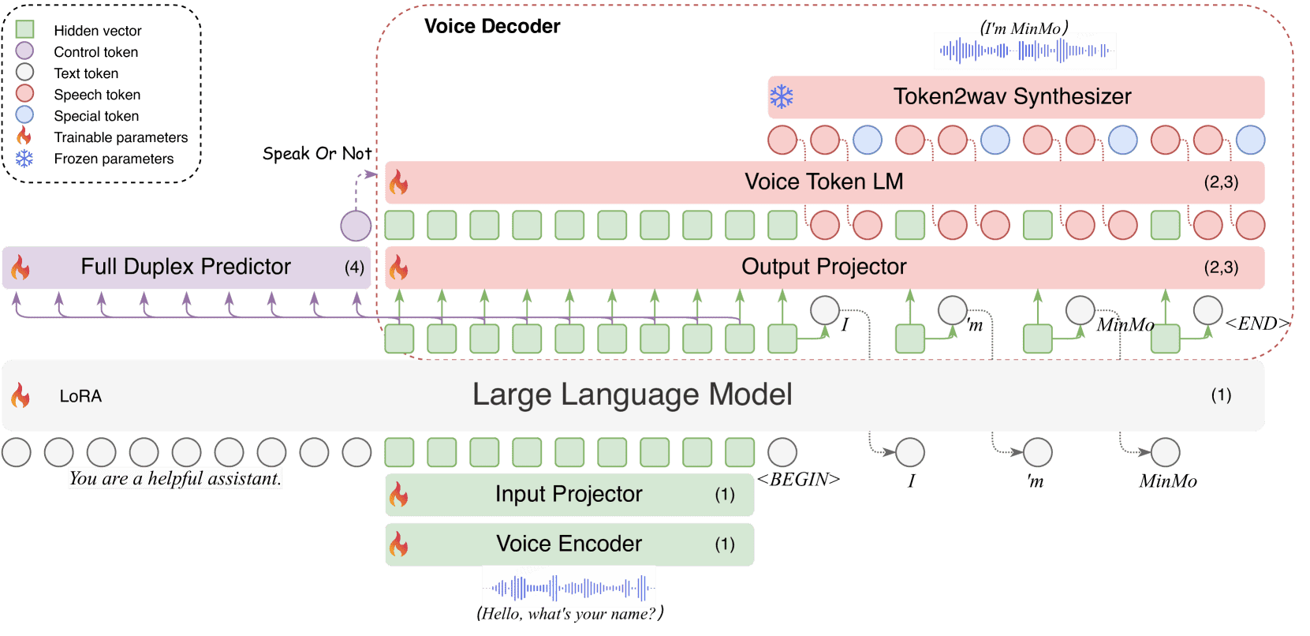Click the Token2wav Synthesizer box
pos(1016,96)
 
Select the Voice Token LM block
pos(825,182)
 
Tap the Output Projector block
pos(825,267)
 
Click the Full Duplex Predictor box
pos(187,267)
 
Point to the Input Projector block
pos(569,495)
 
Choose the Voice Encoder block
pos(569,544)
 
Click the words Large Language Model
pos(633,395)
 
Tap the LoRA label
pos(80,396)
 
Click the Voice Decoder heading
pos(492,26)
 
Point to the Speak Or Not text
pos(317,153)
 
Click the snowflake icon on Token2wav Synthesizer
pos(782,96)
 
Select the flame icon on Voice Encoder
pos(398,544)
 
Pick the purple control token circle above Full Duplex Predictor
pos(356,226)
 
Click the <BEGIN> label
pos(798,479)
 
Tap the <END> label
pos(1257,323)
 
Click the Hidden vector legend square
pos(24,29)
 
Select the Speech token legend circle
pos(24,94)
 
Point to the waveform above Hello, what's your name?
pos(569,588)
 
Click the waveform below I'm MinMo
pos(1024,51)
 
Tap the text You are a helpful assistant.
pos(175,479)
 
